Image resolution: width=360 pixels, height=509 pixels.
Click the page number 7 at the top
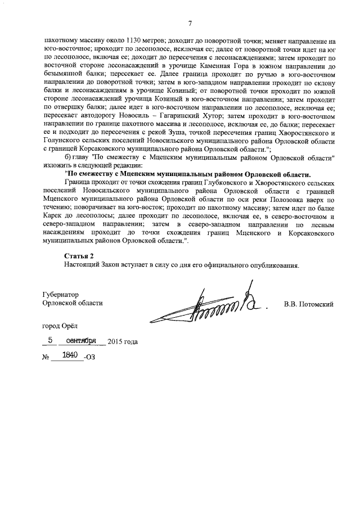pyautogui.click(x=190, y=23)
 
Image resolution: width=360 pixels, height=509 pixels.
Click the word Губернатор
pyautogui.click(x=61, y=294)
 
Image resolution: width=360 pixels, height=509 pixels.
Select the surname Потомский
pyautogui.click(x=317, y=304)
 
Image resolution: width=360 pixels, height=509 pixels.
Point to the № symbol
pyautogui.click(x=46, y=357)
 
